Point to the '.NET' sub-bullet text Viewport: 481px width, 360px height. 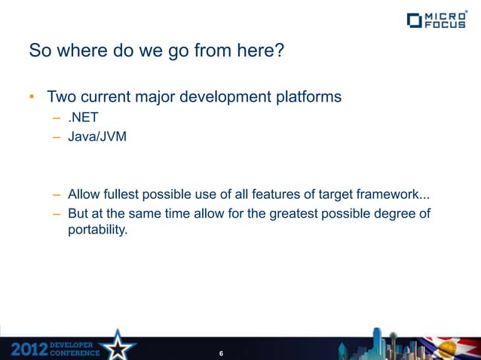click(82, 119)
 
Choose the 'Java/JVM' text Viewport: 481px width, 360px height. click(92, 138)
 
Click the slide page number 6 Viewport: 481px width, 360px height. click(220, 353)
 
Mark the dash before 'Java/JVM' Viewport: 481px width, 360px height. click(57, 138)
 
